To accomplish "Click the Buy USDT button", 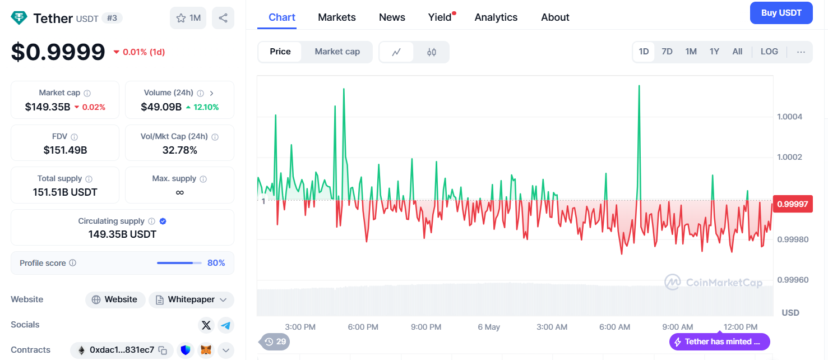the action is coord(781,13).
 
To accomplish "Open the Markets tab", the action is coord(337,17).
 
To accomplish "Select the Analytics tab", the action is coord(496,17).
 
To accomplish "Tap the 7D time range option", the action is coord(667,52).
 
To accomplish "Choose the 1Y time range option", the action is coord(714,52).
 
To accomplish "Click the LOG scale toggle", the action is coord(769,52).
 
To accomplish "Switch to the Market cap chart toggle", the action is coord(337,52).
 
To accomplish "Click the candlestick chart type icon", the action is coord(431,52).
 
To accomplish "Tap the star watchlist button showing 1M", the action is coord(188,18).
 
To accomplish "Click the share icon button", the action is coord(223,18).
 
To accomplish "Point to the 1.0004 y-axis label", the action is coord(789,117).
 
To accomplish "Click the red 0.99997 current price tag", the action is coord(793,204).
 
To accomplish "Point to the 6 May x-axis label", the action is coord(489,327).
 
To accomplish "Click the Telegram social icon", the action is coord(225,325).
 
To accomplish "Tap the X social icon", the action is coord(206,325).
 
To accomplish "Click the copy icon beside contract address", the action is coord(163,350).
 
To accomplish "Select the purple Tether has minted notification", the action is coord(720,342).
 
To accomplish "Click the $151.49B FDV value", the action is coord(65,150).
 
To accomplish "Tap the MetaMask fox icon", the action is coord(206,350).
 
